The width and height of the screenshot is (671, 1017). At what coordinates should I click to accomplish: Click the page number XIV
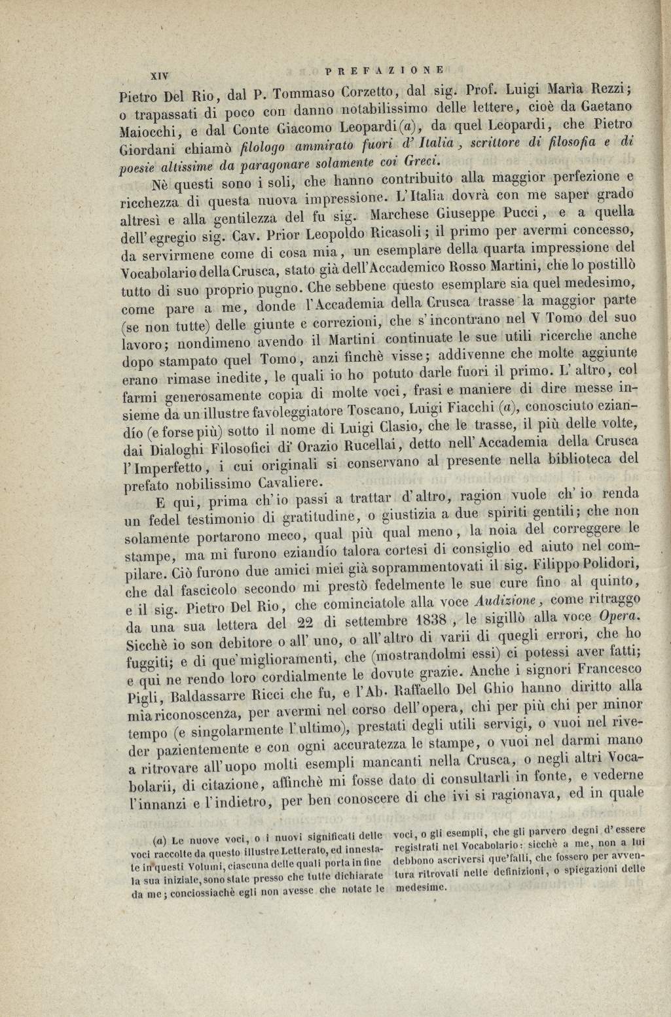160,75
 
